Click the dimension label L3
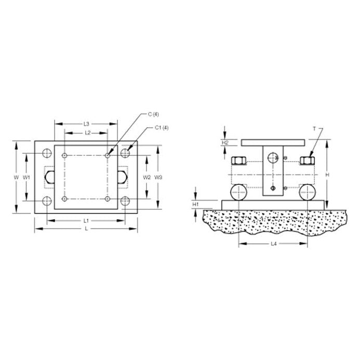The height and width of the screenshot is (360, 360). coord(86,124)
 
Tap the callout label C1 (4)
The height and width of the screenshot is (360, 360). coord(161,128)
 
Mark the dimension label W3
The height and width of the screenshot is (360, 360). coord(159,177)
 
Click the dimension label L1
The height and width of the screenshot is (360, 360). coord(86,221)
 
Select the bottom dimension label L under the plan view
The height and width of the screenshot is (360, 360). coord(86,229)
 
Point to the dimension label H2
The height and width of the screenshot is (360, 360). coord(225,142)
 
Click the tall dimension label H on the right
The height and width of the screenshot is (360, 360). coord(327,175)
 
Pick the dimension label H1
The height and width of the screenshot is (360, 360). coord(195,205)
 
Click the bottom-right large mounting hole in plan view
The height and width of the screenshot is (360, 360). coord(125,201)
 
